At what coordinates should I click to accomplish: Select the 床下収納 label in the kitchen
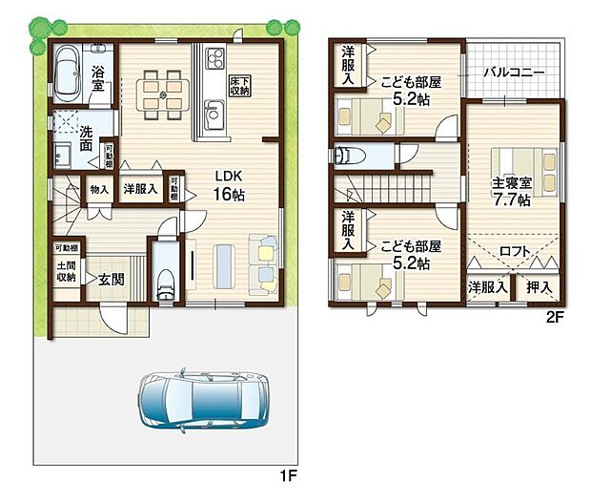coord(241,85)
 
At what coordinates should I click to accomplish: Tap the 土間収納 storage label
coord(65,272)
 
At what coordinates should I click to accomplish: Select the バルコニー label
coord(513,72)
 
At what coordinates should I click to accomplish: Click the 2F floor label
coord(555,320)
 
